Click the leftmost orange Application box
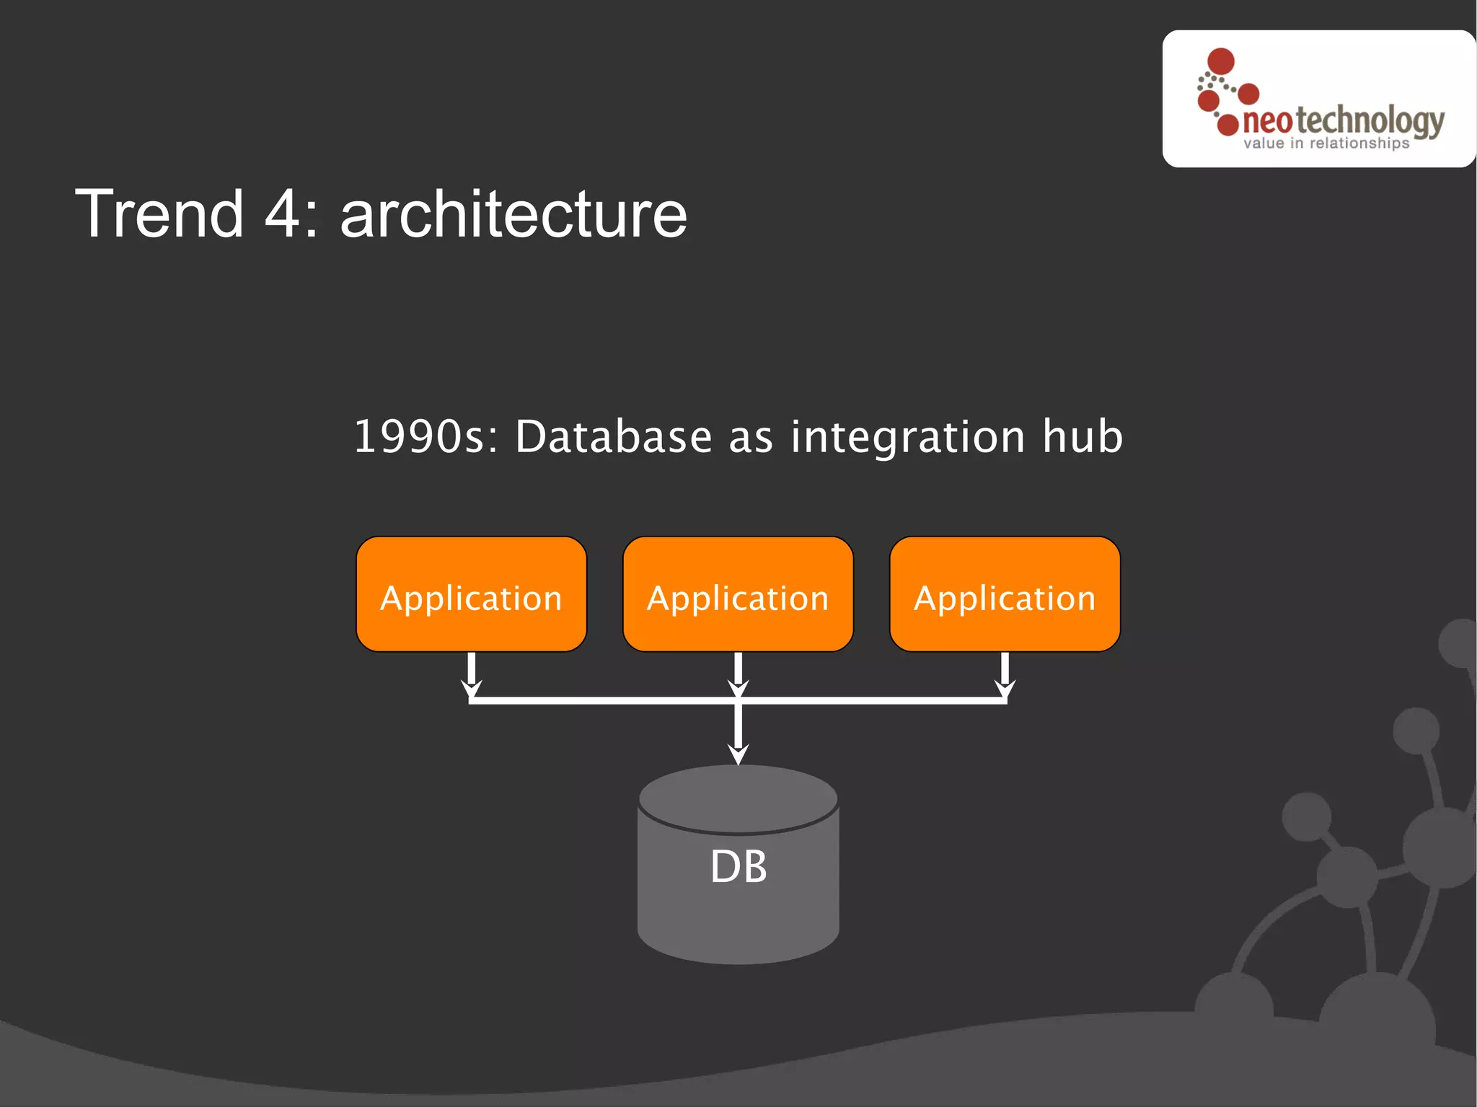pyautogui.click(x=471, y=594)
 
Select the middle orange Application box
pyautogui.click(x=738, y=594)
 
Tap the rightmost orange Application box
pyautogui.click(x=1005, y=594)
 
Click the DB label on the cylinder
pyautogui.click(x=738, y=866)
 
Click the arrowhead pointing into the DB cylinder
pyautogui.click(x=738, y=754)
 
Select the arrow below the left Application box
pyautogui.click(x=471, y=674)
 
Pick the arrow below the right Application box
pyautogui.click(x=1005, y=674)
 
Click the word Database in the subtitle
pyautogui.click(x=614, y=437)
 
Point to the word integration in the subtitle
pyautogui.click(x=907, y=437)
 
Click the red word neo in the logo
pyautogui.click(x=1267, y=121)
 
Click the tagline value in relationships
pyautogui.click(x=1326, y=144)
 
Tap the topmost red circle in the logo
pyautogui.click(x=1221, y=61)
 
